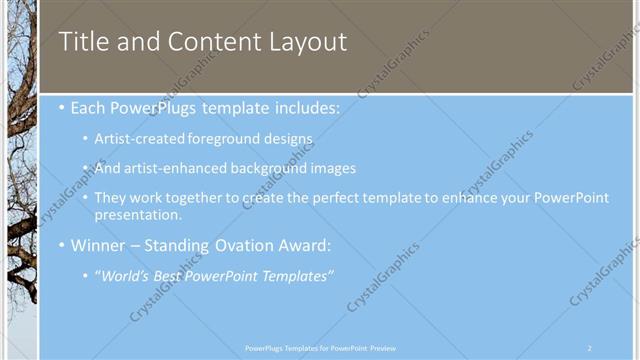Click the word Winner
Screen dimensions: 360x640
98,245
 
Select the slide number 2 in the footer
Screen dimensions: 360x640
590,348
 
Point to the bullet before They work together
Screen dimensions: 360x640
85,199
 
